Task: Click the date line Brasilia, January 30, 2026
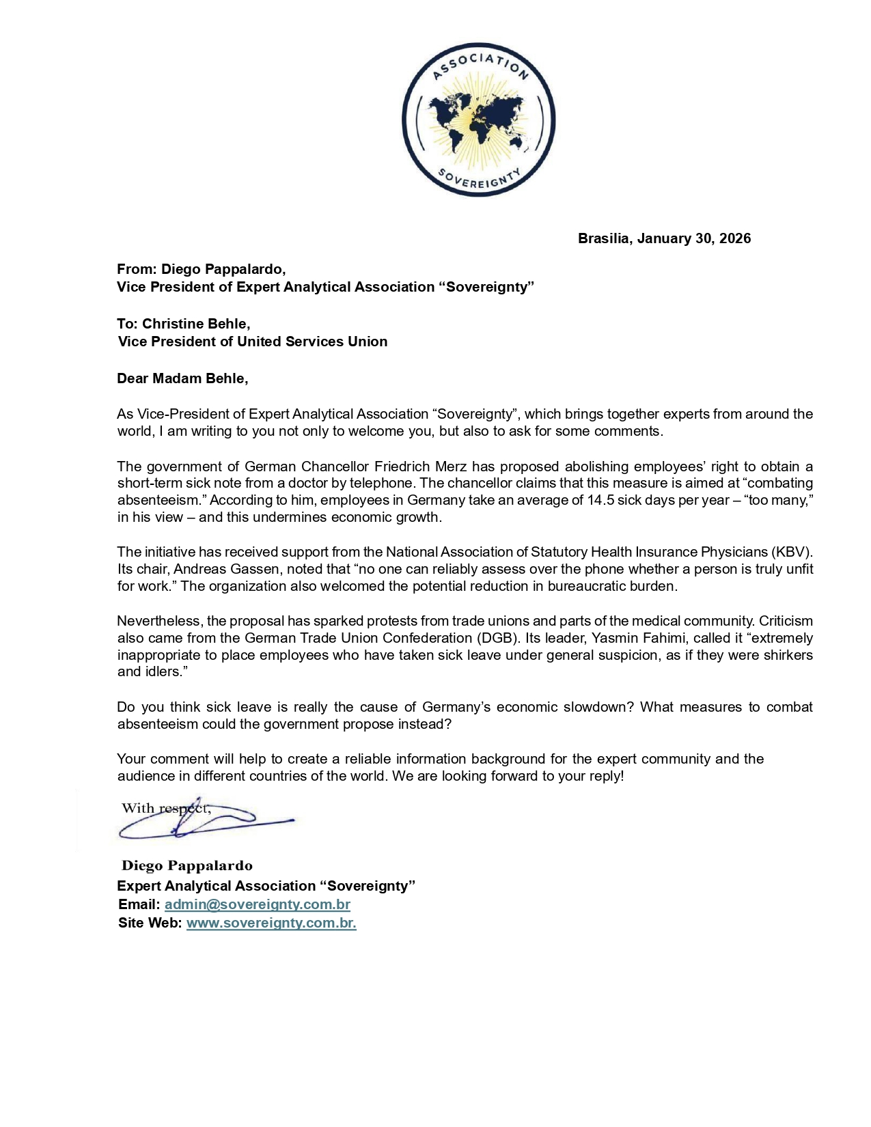point(664,238)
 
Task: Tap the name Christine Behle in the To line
point(195,324)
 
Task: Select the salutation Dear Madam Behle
point(182,378)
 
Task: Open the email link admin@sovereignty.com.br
point(258,904)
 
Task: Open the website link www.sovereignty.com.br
point(271,923)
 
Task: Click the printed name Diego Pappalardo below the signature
point(187,865)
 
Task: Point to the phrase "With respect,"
point(166,809)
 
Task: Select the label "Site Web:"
point(150,923)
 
